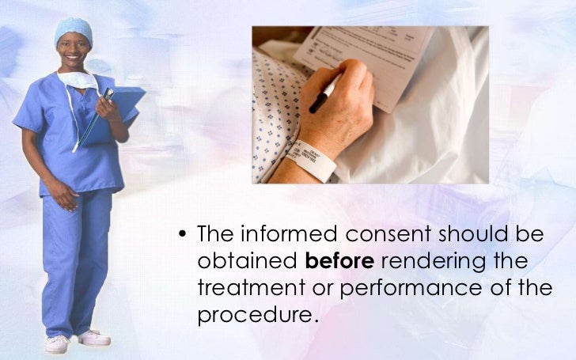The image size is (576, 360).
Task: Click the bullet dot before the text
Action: click(184, 236)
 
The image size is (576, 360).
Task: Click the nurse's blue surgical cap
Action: click(73, 30)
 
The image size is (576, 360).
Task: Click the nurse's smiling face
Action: click(74, 52)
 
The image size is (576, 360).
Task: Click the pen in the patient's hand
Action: click(325, 93)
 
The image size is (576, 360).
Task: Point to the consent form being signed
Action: click(372, 55)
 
